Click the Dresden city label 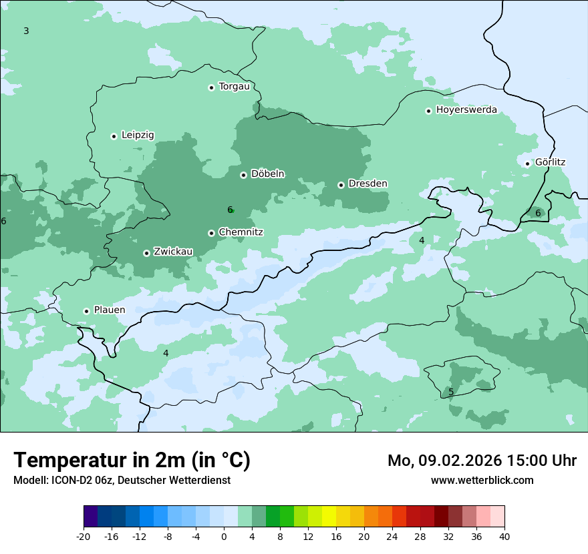coord(367,184)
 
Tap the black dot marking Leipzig coord(114,136)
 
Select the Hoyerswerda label coord(466,109)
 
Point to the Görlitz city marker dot coord(527,164)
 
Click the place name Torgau coord(234,86)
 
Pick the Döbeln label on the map coord(267,174)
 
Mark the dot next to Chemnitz coord(211,233)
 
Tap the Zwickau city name coord(173,252)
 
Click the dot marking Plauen coord(86,311)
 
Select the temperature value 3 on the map coord(26,31)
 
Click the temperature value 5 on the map coord(451,392)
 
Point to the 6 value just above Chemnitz coord(230,210)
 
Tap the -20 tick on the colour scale coord(84,537)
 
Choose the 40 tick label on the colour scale coord(504,537)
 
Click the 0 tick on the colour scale coord(224,537)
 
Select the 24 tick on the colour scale coord(392,537)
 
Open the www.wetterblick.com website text coord(482,480)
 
